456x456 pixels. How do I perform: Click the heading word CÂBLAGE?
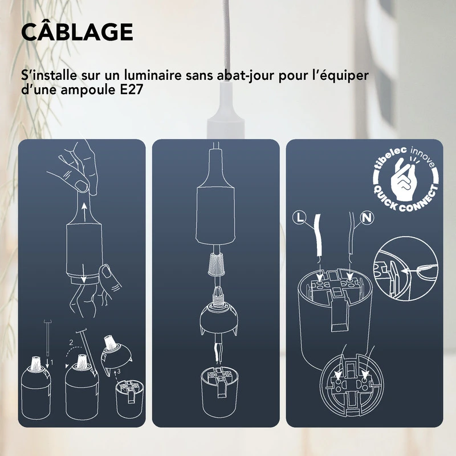[x=77, y=32]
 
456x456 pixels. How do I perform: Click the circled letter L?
[x=302, y=217]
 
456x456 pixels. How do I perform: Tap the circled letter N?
[x=366, y=217]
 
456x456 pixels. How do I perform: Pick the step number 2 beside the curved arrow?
[x=71, y=343]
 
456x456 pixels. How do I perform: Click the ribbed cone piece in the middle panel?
[x=217, y=264]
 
